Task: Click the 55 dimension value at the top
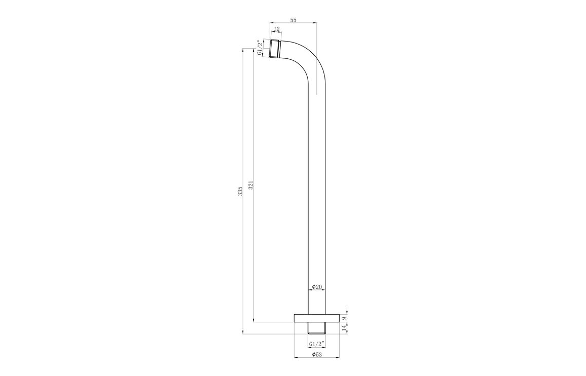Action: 293,20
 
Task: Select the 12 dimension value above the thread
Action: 277,29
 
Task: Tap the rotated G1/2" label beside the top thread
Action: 260,48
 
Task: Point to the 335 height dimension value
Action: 240,191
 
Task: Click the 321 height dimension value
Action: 251,185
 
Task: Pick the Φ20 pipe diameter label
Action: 316,287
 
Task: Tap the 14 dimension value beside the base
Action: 344,328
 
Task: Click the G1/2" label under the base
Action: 317,344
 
